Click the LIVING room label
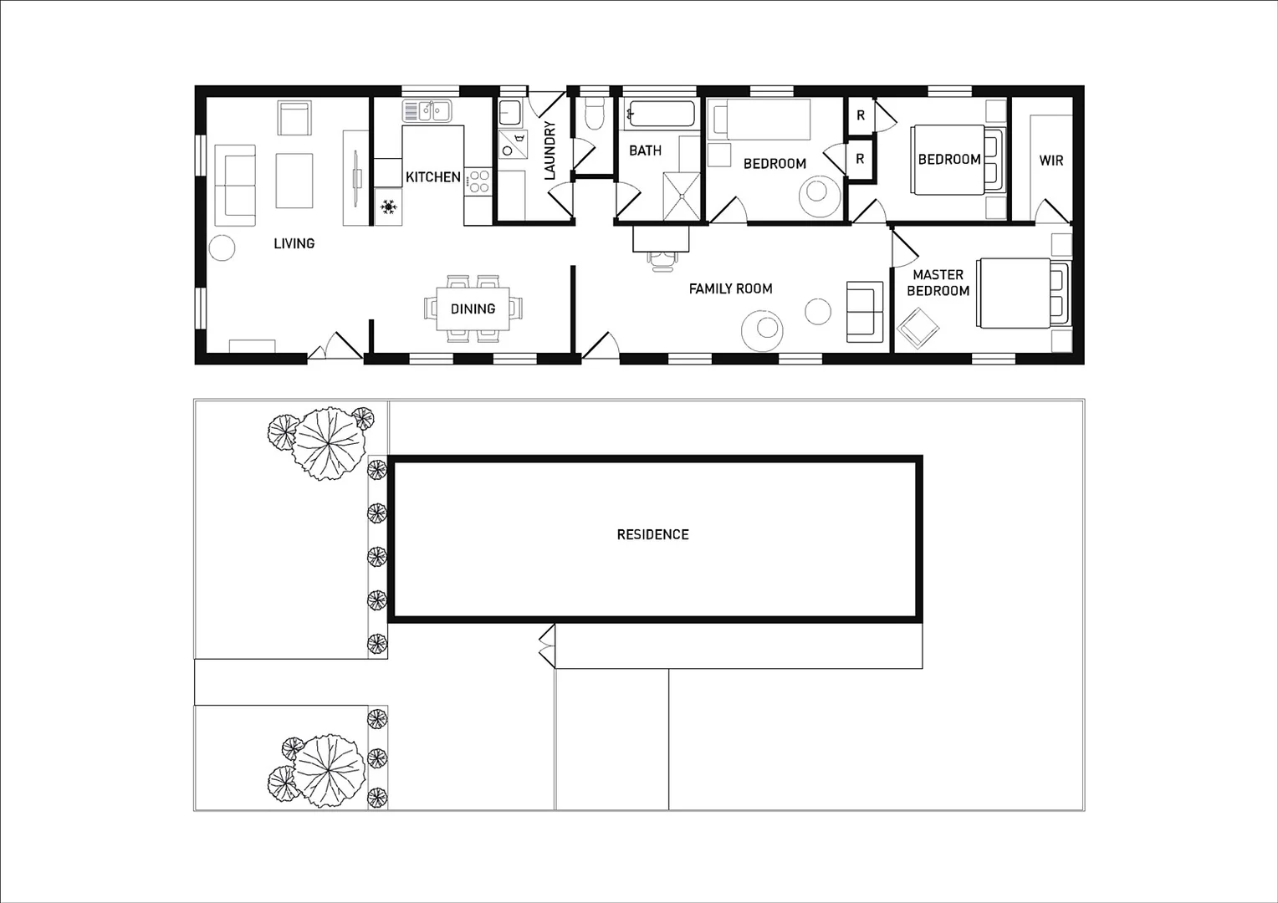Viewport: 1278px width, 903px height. (294, 243)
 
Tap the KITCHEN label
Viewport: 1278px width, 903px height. (432, 177)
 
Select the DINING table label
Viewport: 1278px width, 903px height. (473, 309)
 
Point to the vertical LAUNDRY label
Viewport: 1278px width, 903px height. (550, 151)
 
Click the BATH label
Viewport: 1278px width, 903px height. (645, 150)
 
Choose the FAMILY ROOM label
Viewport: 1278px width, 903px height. (730, 288)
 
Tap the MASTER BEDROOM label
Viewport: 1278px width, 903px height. (938, 283)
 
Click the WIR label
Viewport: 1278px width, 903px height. (1051, 160)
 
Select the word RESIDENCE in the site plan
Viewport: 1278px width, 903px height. (652, 534)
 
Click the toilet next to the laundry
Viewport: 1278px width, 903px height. (595, 114)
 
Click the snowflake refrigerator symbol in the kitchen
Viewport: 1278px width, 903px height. (388, 206)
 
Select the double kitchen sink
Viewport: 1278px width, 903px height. (427, 110)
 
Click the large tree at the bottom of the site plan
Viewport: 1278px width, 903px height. (329, 772)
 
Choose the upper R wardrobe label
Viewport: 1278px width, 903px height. (860, 116)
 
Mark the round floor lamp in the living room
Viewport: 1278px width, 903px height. (222, 247)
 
